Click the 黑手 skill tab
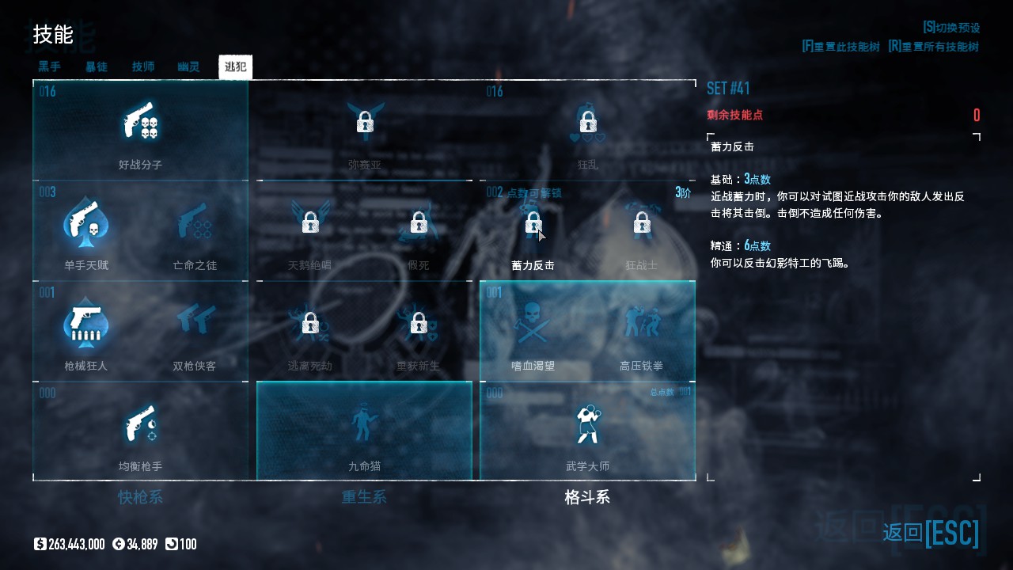[49, 66]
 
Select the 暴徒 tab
[96, 66]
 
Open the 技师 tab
[143, 66]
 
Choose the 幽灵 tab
[188, 66]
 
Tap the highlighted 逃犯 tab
[235, 66]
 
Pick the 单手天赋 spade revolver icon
[85, 223]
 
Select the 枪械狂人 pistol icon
[85, 324]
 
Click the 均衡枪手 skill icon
[141, 424]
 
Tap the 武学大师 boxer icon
[587, 424]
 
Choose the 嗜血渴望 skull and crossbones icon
[533, 324]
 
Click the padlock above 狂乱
[587, 122]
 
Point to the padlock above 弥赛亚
[364, 122]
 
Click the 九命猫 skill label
[364, 466]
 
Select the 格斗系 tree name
[587, 497]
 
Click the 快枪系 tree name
[140, 497]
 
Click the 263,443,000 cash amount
[76, 544]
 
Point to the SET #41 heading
[728, 88]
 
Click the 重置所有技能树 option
[934, 47]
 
